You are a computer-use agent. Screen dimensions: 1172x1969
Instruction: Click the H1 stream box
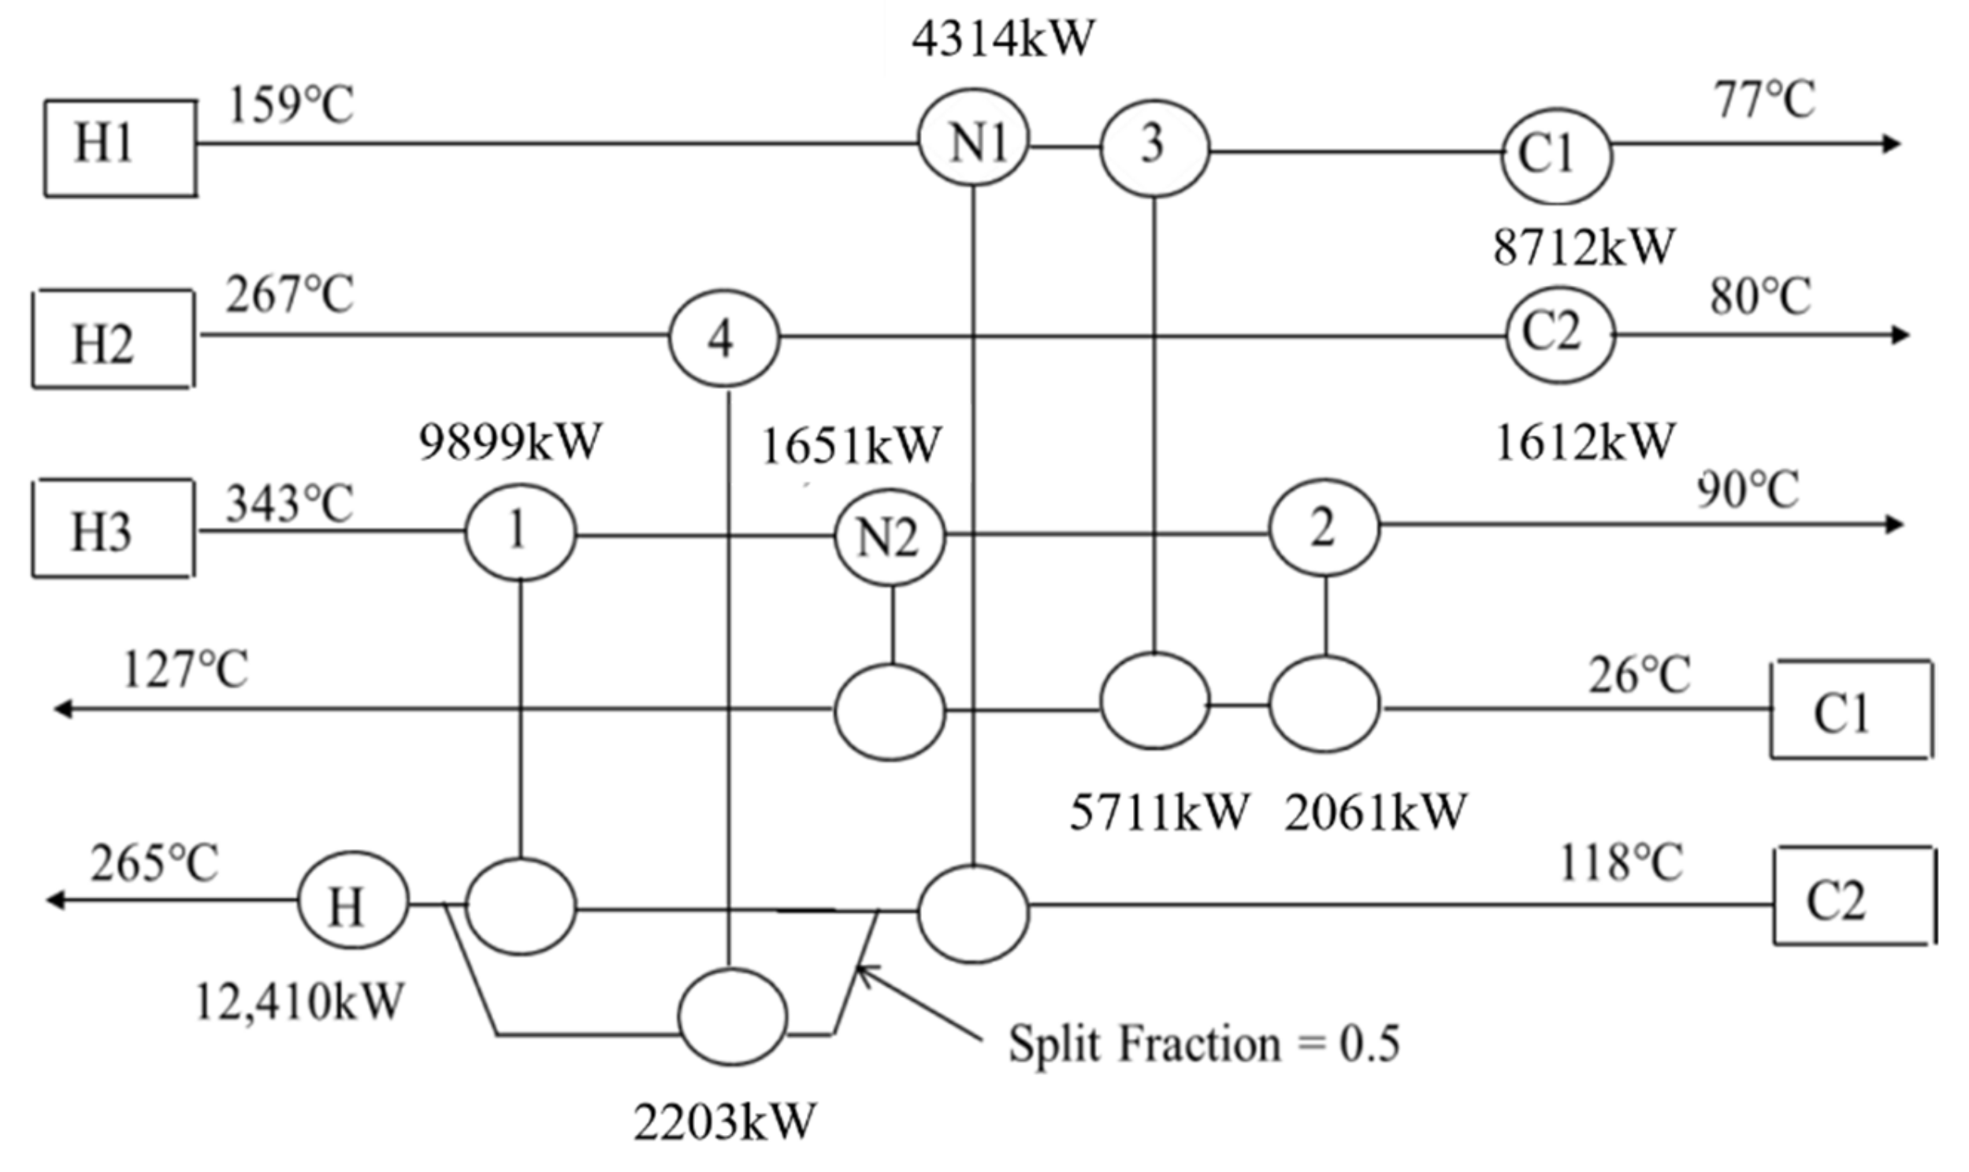tap(120, 147)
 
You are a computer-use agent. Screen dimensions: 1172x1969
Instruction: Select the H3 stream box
tap(113, 529)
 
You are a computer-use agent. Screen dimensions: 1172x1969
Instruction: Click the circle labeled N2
tap(890, 536)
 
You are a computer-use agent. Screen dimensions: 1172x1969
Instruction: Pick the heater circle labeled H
tap(353, 900)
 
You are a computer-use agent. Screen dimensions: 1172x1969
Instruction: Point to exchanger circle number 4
tap(724, 338)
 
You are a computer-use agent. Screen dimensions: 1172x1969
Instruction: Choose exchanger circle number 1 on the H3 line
tap(520, 532)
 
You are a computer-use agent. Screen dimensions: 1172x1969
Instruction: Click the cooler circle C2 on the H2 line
tap(1558, 334)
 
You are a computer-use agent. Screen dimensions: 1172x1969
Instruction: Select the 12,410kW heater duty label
tap(299, 1001)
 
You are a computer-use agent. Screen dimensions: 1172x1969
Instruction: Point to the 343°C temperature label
tap(289, 503)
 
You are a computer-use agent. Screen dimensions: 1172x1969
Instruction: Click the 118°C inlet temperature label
tap(1621, 862)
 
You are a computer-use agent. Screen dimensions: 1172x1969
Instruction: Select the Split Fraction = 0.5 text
tap(1204, 1044)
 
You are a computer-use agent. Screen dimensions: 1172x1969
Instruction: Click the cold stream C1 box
tap(1851, 710)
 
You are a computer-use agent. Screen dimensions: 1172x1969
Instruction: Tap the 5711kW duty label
tap(1159, 812)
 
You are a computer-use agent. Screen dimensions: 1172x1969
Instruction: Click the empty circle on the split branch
tap(733, 1016)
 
